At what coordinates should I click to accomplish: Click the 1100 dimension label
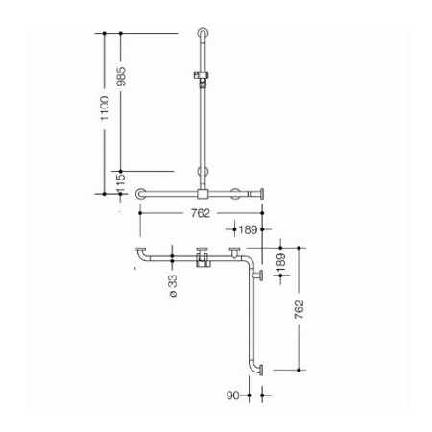[105, 108]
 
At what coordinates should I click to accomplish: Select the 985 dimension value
[121, 77]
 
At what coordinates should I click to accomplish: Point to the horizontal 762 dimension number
[201, 213]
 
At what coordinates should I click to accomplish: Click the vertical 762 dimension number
[299, 309]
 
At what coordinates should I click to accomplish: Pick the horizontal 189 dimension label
[248, 229]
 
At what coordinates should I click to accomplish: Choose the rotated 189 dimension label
[280, 263]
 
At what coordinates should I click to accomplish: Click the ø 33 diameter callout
[173, 286]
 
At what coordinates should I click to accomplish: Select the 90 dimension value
[233, 396]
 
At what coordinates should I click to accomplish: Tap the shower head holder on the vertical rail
[202, 78]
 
